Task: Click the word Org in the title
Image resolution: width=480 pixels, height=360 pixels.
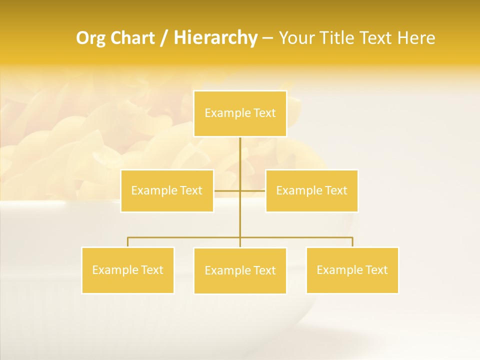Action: click(x=89, y=38)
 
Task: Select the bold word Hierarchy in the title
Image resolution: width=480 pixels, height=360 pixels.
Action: click(x=215, y=38)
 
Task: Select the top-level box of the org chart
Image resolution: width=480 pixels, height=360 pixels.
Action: click(x=240, y=113)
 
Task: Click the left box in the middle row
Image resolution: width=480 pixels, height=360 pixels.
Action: click(x=167, y=190)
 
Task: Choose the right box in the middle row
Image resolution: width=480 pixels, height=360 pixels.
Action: click(x=311, y=190)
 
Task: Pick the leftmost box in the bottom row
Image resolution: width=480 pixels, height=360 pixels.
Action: click(x=128, y=270)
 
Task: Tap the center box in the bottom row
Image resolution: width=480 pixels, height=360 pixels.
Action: click(x=240, y=270)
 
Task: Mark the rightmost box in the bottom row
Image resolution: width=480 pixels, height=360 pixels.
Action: click(x=352, y=270)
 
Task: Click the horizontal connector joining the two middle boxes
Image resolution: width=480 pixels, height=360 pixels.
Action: click(x=227, y=190)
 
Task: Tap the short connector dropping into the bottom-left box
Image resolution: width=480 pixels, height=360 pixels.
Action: click(x=128, y=242)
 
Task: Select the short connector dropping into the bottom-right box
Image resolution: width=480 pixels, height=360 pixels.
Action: click(x=352, y=242)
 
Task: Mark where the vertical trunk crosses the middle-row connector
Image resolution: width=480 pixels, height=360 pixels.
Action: click(x=240, y=190)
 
